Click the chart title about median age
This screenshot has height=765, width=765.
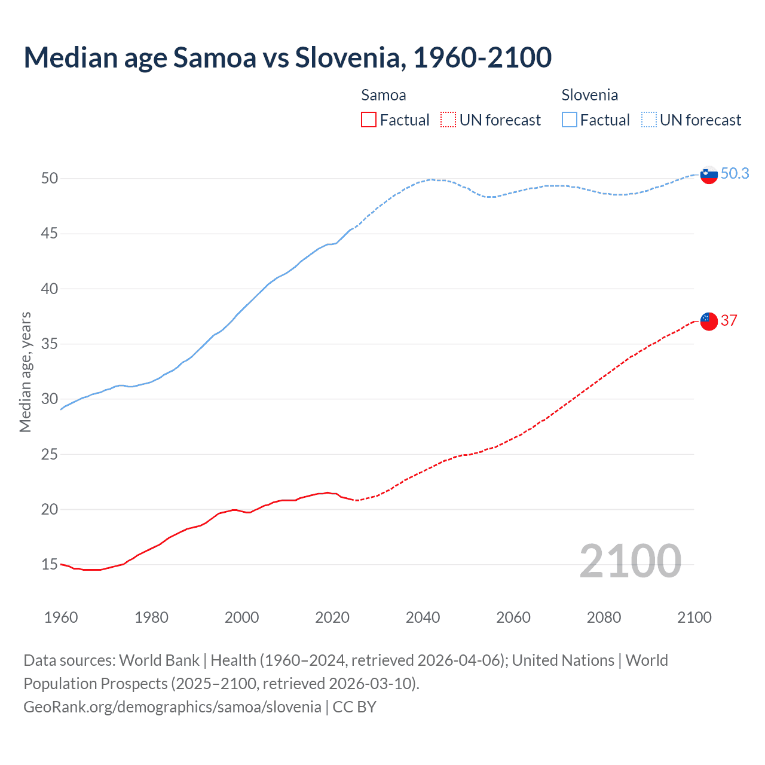coord(287,57)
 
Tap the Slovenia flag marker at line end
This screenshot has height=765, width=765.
coord(708,175)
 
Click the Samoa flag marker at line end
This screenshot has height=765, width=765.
coord(708,321)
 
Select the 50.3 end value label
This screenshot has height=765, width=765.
coord(735,173)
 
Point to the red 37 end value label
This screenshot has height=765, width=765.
coord(729,320)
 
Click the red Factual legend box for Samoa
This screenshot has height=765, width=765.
coord(369,120)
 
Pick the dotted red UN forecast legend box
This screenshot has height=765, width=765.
coord(448,120)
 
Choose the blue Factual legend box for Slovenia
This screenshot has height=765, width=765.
coord(570,120)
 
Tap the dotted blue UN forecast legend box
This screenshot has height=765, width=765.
coord(648,120)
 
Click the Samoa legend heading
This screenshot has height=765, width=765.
coord(383,95)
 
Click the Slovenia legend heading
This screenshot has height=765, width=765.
coord(589,95)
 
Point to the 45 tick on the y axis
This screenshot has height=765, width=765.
coord(50,233)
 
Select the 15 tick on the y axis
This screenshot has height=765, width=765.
coord(50,564)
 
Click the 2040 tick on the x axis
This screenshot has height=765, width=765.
coord(423,617)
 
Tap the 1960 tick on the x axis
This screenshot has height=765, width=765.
coord(61,617)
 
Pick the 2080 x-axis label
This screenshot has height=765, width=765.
coord(604,617)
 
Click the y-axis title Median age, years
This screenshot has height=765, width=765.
coord(25,372)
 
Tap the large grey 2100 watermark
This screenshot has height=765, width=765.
coord(630,561)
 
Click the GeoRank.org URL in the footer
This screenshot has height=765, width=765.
coord(172,706)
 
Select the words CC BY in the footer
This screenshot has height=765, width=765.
coord(354,706)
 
